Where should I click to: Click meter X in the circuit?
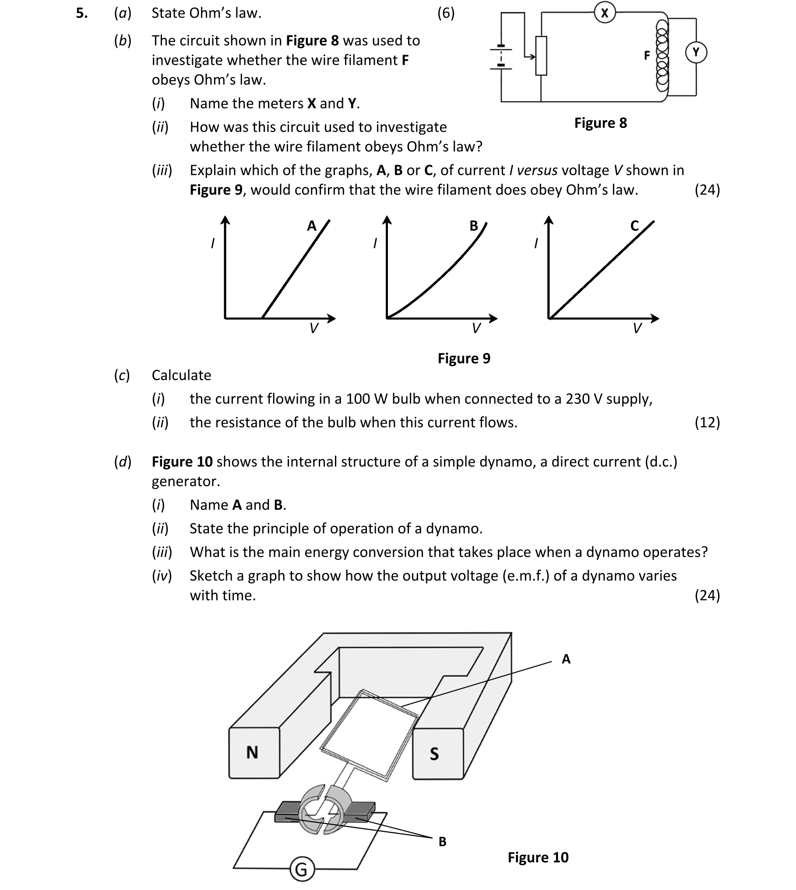click(605, 13)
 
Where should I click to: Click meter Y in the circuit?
click(696, 53)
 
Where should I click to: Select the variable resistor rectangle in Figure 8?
click(541, 56)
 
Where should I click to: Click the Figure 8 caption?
click(600, 123)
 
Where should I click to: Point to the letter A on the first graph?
click(311, 226)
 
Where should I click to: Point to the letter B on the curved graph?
click(474, 226)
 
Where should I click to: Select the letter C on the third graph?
click(634, 226)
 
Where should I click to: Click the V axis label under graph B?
click(476, 328)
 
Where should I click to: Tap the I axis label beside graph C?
click(535, 243)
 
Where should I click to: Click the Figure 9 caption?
click(464, 359)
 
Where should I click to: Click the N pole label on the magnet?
click(252, 752)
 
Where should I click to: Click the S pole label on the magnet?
click(434, 754)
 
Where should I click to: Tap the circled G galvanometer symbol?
click(302, 869)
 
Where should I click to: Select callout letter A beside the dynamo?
click(566, 659)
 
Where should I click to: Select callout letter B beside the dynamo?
click(442, 842)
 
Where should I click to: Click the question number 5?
click(81, 14)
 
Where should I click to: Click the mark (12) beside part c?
click(707, 423)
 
